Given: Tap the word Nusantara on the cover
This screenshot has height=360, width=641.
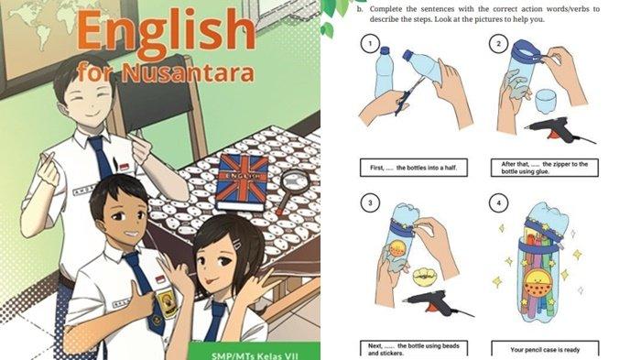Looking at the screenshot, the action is pos(188,72).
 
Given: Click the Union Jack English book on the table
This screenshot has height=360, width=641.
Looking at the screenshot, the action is pos(242,182).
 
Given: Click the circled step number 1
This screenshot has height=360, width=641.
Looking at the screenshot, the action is pos(370,44).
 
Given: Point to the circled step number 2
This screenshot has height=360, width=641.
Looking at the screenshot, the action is pos(498,44).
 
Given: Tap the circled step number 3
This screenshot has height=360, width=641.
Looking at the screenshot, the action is pos(370,202).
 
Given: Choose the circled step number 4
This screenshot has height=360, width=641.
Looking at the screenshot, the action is pos(498,202).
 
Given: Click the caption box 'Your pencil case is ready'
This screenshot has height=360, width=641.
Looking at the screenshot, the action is pos(545,350).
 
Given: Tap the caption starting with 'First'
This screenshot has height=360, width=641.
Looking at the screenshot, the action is pos(413,168).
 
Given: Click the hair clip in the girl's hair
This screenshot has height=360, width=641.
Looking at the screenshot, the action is pos(237,245).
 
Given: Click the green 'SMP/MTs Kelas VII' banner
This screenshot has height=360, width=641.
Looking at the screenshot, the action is pos(255,352).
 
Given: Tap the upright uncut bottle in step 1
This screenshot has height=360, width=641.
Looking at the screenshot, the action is pos(385,72).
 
